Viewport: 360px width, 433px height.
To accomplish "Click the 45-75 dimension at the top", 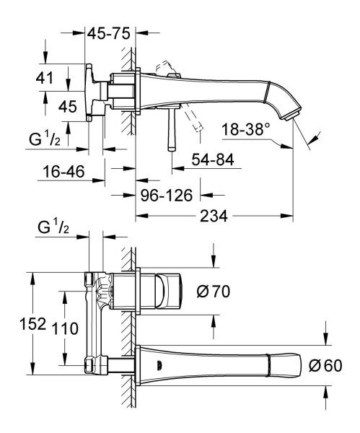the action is [x=108, y=34].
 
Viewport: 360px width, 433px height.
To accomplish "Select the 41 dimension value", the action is [x=45, y=78].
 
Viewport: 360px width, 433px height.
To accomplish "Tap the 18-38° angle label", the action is [x=246, y=128].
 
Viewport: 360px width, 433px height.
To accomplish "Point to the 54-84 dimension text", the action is [x=213, y=159].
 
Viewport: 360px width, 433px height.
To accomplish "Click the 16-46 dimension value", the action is [x=63, y=172].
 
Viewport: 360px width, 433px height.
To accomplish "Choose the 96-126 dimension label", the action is [x=167, y=196].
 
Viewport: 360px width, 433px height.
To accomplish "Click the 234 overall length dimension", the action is [x=214, y=216].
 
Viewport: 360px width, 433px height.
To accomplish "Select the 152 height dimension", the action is [x=32, y=323].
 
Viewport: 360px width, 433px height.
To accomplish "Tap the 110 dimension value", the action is [x=65, y=328].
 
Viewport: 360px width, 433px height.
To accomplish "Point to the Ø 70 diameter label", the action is [x=213, y=292].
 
